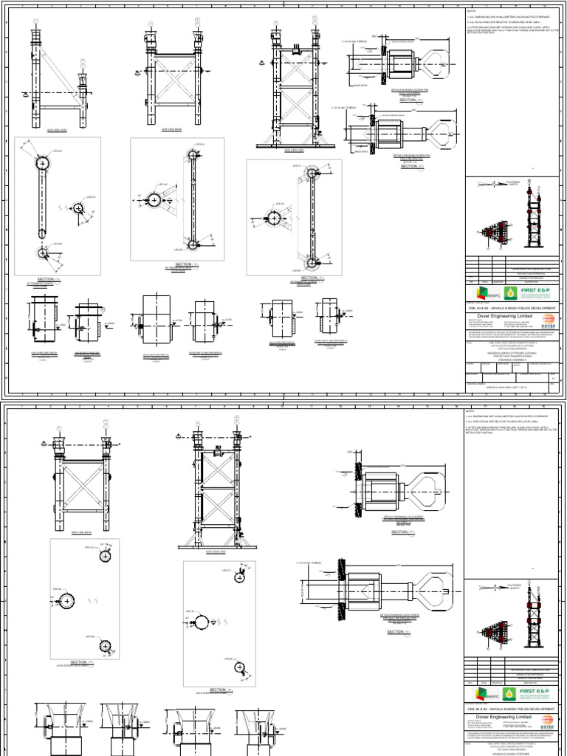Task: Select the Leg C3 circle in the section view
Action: (x=78, y=208)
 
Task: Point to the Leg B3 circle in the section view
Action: (x=42, y=253)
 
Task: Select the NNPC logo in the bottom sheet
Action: (x=481, y=693)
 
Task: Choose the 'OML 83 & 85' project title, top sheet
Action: (x=509, y=306)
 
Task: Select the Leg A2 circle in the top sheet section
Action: (x=154, y=200)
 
